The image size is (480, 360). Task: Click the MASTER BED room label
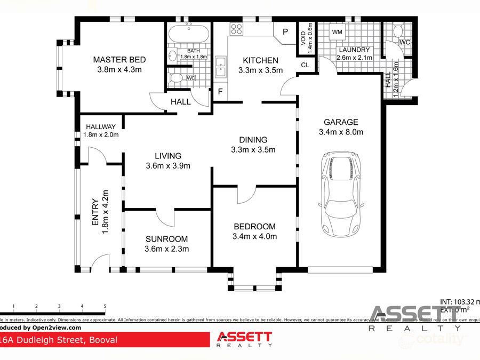point(119,60)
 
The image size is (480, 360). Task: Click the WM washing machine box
point(337,33)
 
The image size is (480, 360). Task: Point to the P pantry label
point(285,32)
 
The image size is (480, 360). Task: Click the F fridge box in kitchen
point(220,92)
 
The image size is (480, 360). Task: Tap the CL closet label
point(305,65)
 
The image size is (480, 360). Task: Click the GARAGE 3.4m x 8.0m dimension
point(341,132)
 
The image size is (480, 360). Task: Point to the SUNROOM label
point(167,239)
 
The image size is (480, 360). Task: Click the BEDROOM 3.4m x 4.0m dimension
point(254,236)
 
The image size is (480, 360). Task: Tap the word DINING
point(253,140)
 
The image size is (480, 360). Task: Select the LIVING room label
point(168,156)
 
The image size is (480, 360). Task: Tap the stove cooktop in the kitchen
point(237,29)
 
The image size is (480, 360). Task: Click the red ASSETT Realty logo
point(244,339)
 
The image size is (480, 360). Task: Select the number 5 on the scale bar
point(105,306)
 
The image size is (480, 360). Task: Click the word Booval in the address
point(102,340)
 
